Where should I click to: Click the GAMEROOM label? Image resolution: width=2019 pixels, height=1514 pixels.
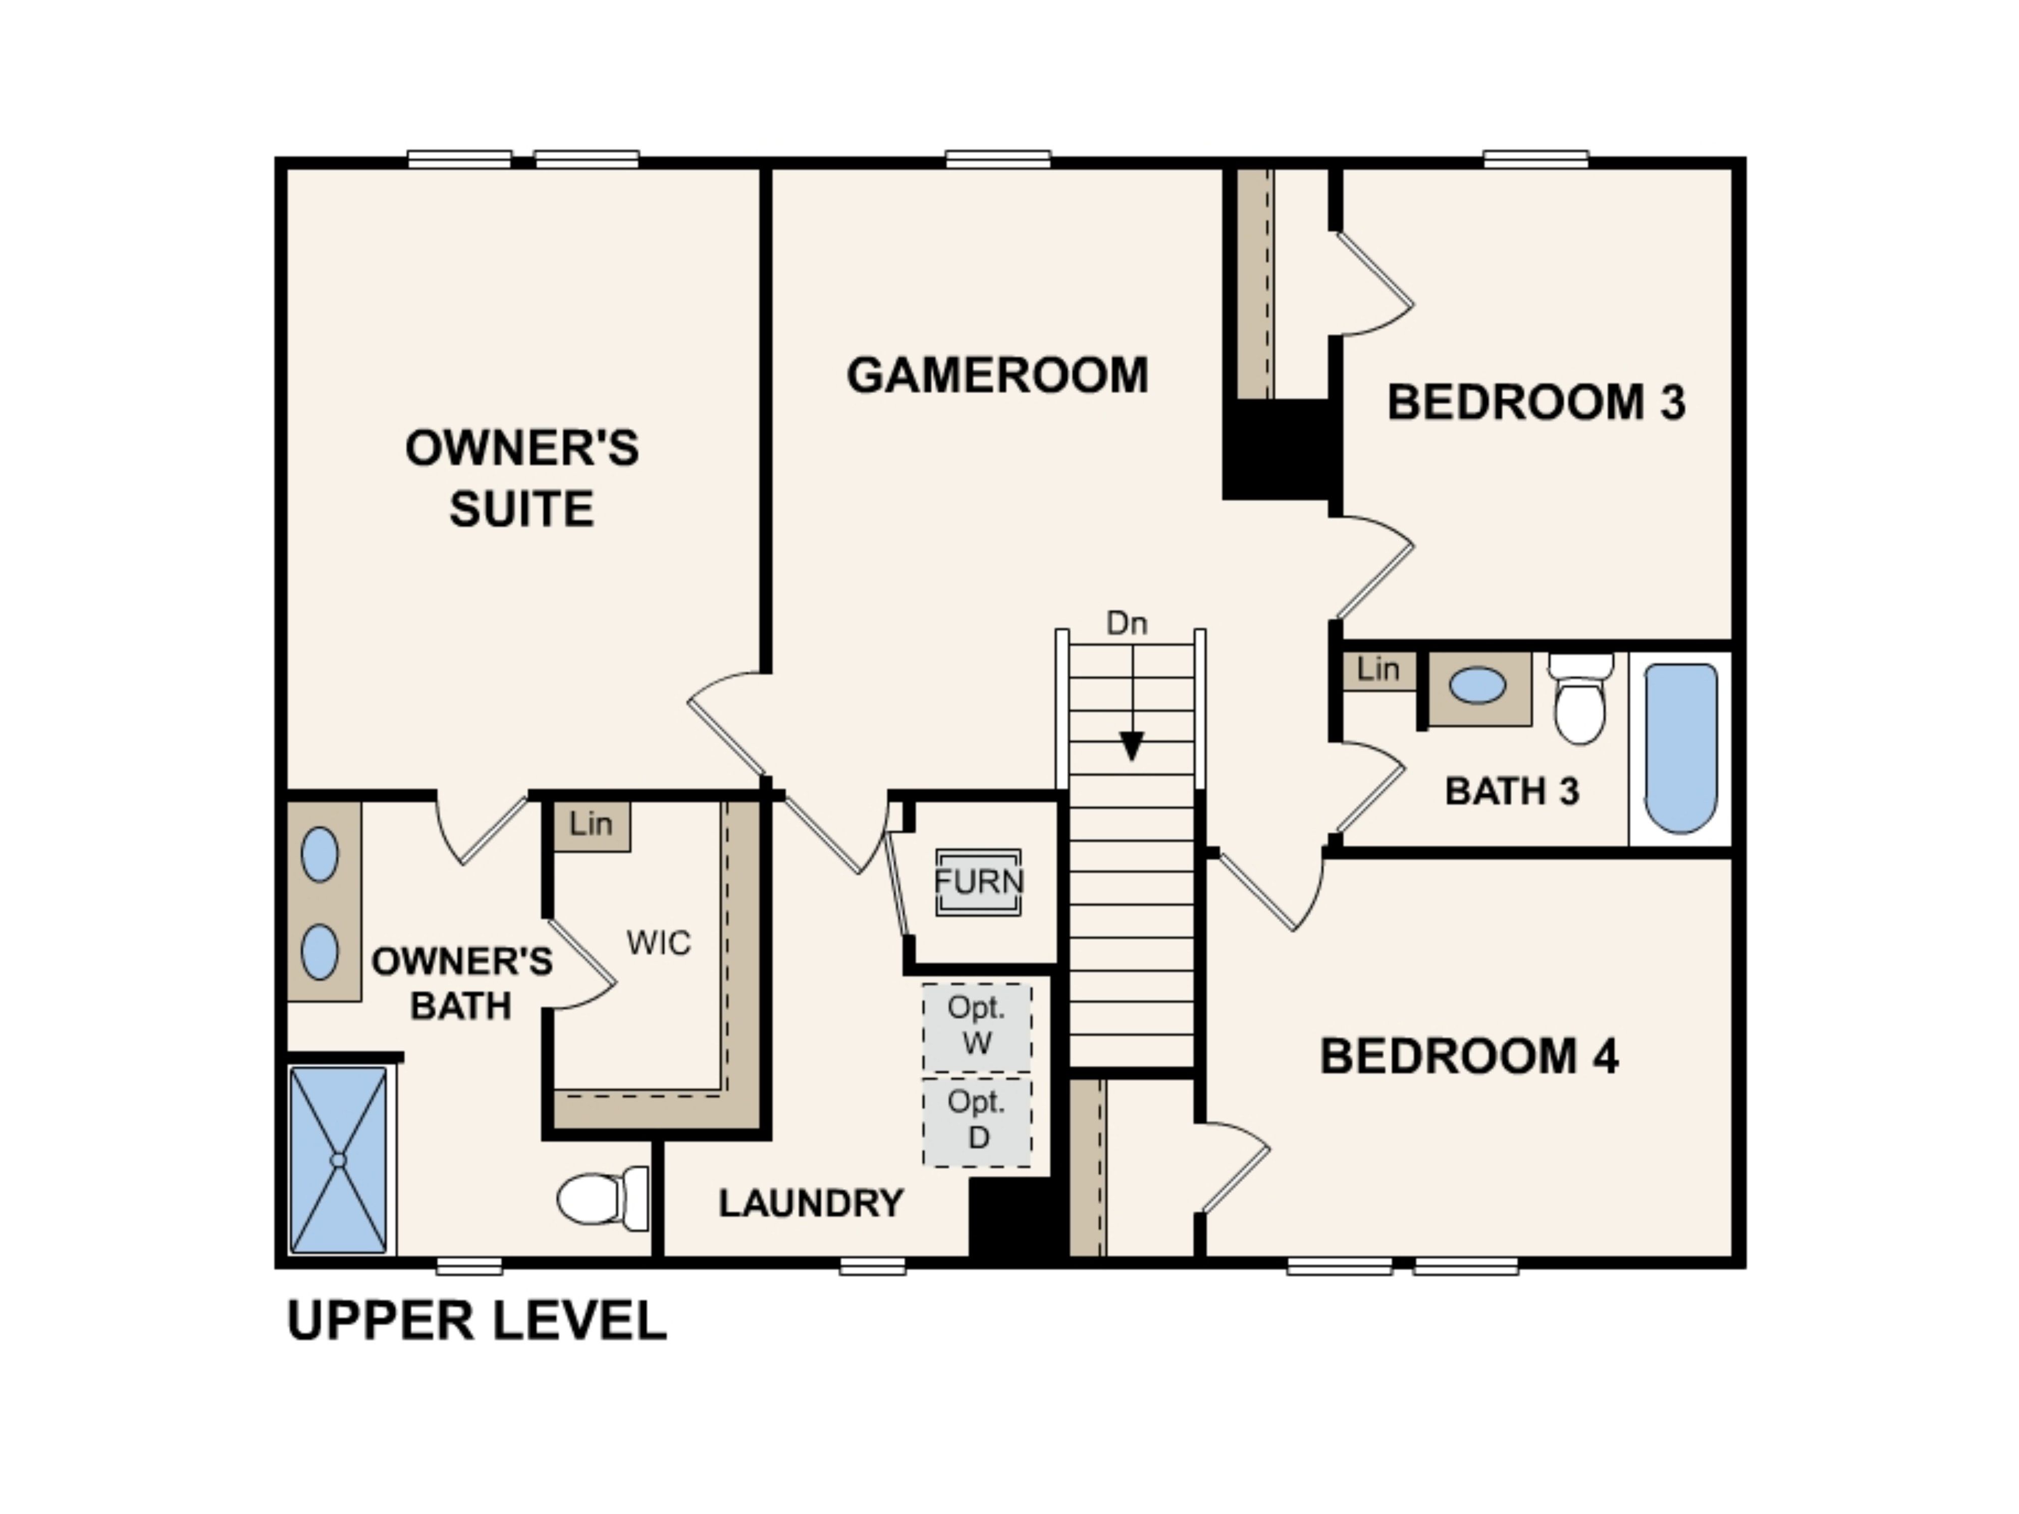(x=997, y=375)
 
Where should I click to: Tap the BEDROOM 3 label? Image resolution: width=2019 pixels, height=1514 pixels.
(x=1535, y=402)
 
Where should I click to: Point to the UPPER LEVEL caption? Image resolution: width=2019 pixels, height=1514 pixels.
(x=476, y=1321)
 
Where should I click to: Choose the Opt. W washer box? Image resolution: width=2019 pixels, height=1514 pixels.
(x=977, y=1026)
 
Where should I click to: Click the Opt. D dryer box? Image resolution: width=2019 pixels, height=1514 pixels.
(x=977, y=1121)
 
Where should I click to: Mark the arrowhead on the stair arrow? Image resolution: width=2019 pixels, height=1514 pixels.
(x=1132, y=745)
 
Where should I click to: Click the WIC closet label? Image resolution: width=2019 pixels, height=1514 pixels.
(x=658, y=943)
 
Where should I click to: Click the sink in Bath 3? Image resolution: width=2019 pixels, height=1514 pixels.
(x=1478, y=685)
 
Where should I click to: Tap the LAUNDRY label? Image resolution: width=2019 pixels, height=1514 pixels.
(x=811, y=1203)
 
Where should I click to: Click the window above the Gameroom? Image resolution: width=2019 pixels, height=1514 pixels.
(x=997, y=159)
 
